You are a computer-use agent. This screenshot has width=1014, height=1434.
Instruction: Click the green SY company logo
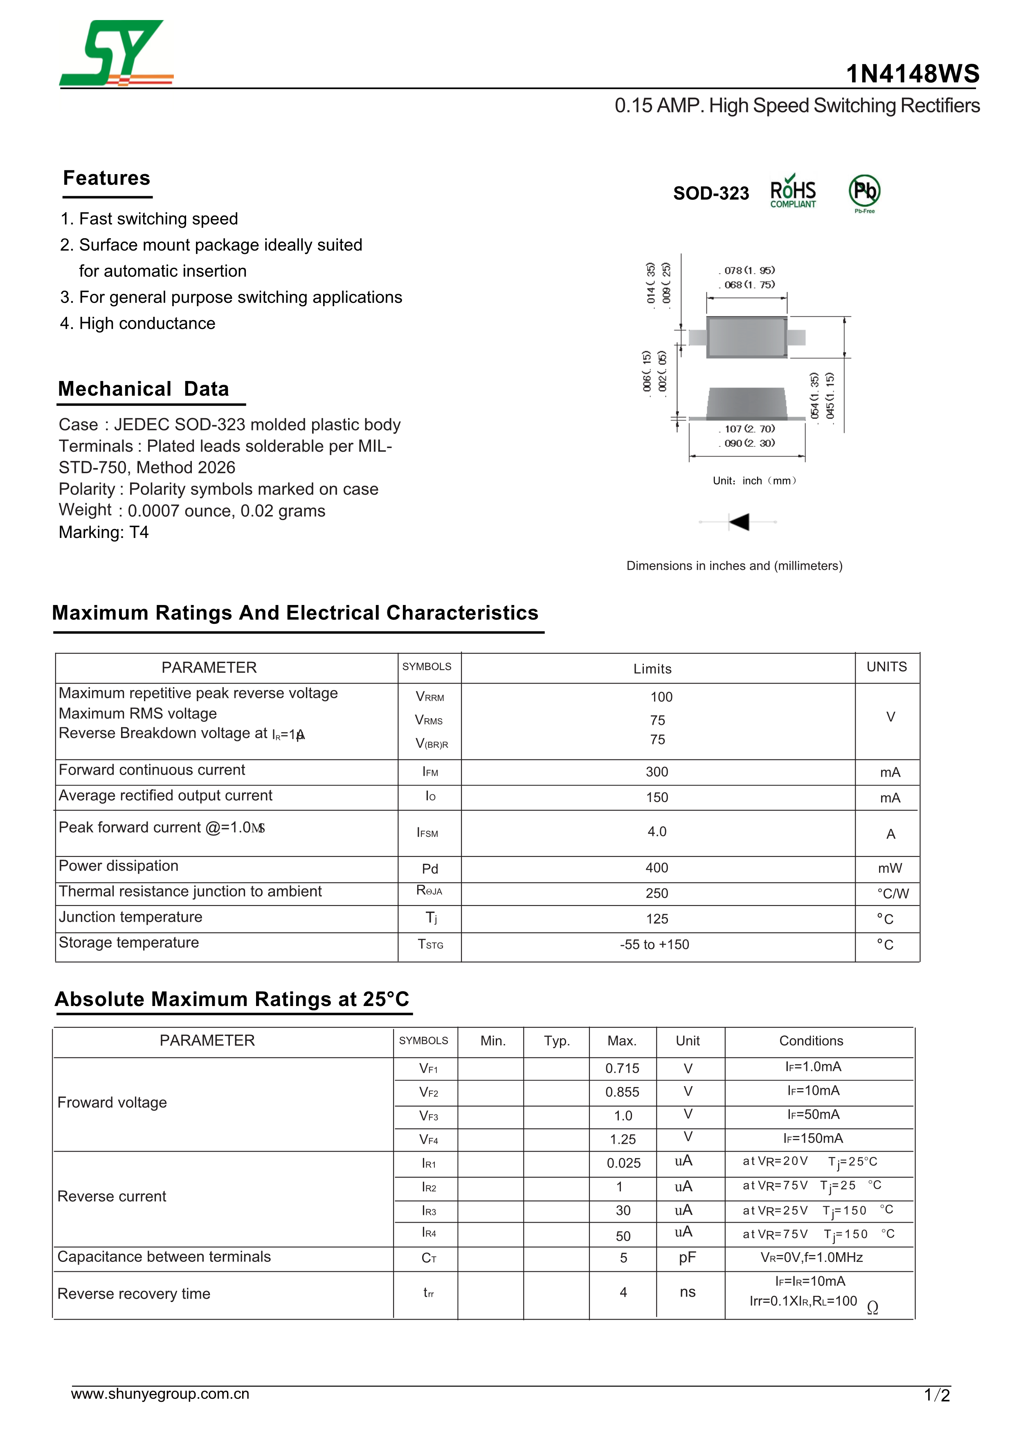point(116,53)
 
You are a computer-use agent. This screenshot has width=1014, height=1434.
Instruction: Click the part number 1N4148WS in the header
point(912,74)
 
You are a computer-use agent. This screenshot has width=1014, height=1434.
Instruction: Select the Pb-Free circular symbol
point(864,191)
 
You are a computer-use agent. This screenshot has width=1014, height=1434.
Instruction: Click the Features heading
point(107,178)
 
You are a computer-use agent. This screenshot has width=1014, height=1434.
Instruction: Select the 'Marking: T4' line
point(104,532)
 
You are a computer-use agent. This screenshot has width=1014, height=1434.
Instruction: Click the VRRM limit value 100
point(661,697)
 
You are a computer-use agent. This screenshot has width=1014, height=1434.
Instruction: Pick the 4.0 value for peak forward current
point(657,832)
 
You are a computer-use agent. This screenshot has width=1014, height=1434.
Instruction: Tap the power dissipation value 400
point(657,868)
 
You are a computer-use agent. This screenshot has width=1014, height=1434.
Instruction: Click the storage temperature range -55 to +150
point(654,944)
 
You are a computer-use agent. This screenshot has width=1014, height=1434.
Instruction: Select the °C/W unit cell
point(892,894)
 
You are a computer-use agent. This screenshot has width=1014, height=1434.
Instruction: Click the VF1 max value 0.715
point(622,1069)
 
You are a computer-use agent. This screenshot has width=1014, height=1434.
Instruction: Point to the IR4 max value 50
point(623,1236)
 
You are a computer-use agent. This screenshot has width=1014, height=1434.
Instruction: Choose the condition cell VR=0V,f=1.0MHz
point(811,1258)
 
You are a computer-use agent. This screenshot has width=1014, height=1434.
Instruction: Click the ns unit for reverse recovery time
point(687,1292)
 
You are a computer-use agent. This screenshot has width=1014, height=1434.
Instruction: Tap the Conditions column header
point(811,1040)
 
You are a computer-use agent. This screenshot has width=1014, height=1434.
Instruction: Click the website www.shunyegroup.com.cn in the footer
point(160,1394)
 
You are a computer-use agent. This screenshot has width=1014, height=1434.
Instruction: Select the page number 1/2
point(937,1395)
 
